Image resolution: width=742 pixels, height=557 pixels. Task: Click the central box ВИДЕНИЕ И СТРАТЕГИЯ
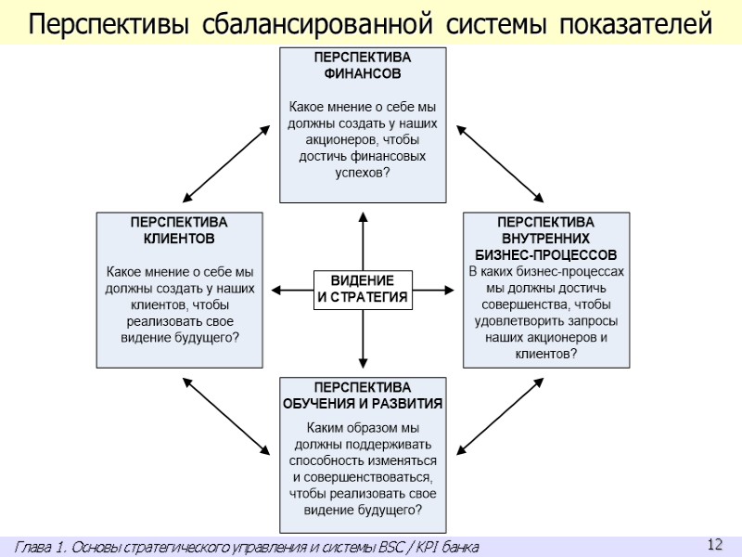tap(363, 289)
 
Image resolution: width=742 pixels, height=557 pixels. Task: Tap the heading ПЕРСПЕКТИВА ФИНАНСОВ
tap(363, 65)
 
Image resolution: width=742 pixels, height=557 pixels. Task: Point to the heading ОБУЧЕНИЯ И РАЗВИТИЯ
tap(363, 404)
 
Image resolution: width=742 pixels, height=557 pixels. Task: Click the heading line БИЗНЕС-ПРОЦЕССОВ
tap(545, 254)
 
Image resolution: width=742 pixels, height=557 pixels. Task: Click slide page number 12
tap(714, 545)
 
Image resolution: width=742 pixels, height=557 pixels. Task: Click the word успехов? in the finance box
tap(363, 174)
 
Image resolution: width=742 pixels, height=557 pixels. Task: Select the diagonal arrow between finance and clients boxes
tap(227, 162)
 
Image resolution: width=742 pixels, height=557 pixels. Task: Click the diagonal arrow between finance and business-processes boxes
tap(499, 162)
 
